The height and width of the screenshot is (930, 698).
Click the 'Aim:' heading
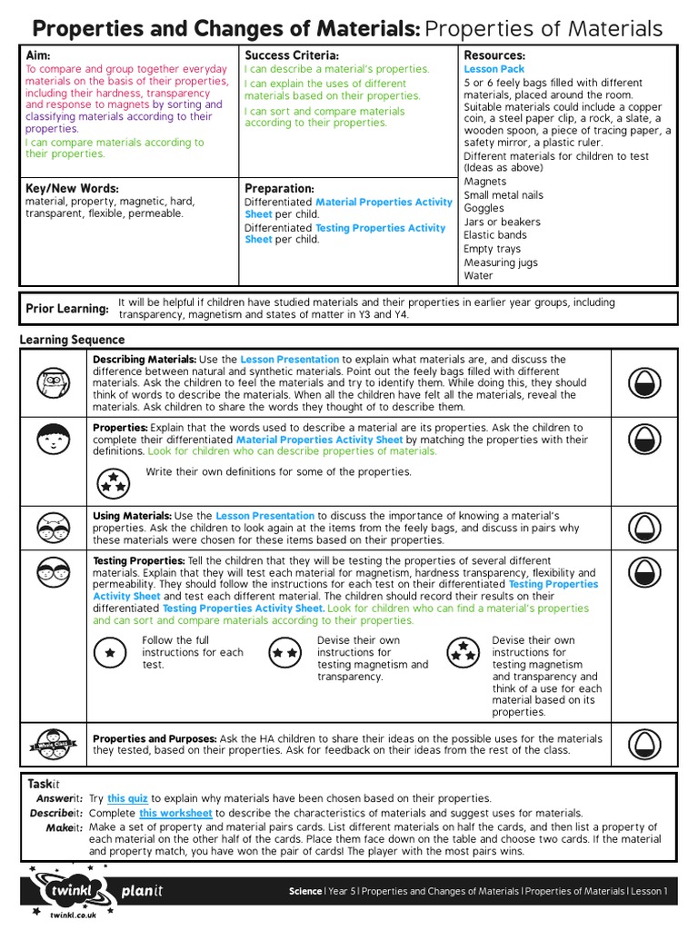38,55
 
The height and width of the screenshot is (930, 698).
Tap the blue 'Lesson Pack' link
494,69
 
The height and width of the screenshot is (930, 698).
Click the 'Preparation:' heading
279,188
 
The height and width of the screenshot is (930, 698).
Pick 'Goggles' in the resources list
484,208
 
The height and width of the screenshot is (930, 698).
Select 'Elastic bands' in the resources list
495,234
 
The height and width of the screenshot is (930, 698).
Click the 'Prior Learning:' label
67,309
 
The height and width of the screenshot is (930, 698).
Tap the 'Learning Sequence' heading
72,340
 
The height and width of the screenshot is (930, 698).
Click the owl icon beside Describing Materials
53,384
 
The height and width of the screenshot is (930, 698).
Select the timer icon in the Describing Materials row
644,384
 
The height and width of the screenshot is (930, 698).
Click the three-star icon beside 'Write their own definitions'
113,480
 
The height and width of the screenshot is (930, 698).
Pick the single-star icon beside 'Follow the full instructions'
110,652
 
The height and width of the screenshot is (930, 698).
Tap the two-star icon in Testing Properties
284,652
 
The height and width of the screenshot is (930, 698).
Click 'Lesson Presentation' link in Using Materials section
264,516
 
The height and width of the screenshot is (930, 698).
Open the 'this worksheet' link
174,813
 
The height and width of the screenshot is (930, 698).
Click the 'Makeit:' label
65,827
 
